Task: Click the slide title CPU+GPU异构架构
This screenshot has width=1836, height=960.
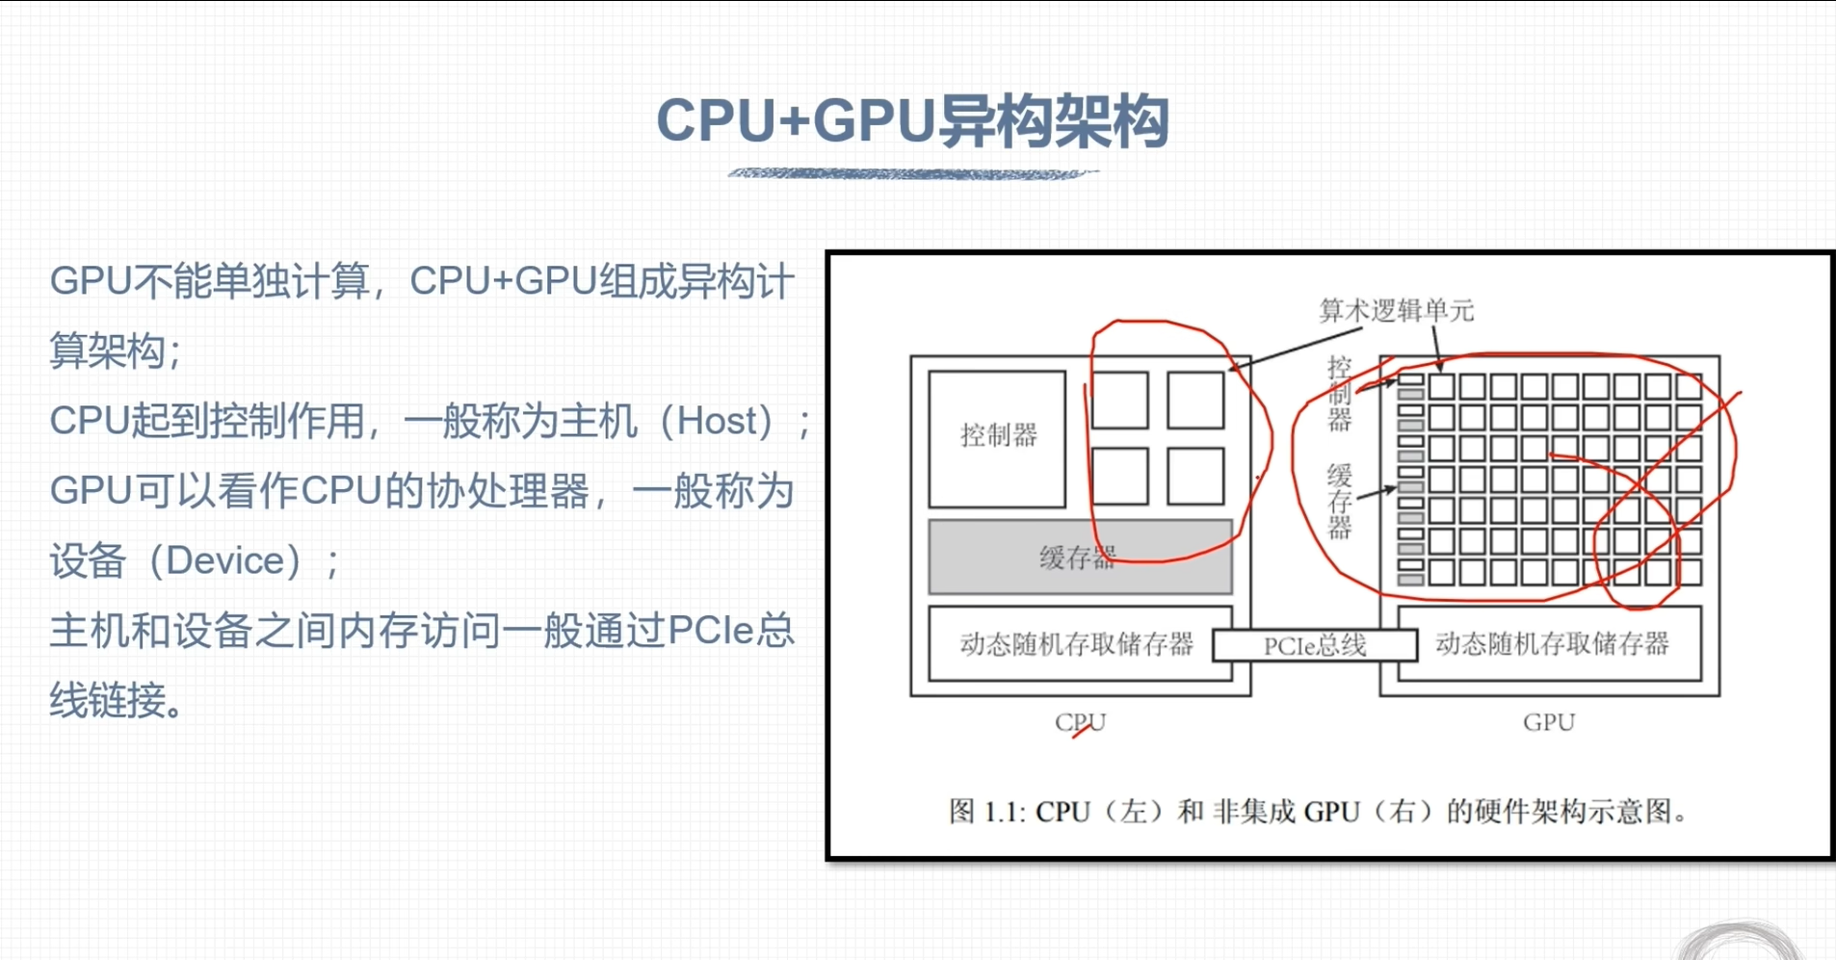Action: [x=912, y=122]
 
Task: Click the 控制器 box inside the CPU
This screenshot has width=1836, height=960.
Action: [x=997, y=438]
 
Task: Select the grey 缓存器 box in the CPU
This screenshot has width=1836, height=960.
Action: [x=1079, y=558]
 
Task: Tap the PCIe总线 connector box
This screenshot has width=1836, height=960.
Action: [x=1314, y=645]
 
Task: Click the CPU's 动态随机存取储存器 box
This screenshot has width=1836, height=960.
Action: [x=1076, y=643]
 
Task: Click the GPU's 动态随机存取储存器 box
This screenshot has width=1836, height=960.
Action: [x=1551, y=643]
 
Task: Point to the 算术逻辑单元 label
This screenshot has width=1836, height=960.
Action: [x=1396, y=310]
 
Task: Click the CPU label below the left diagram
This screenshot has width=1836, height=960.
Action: [x=1080, y=722]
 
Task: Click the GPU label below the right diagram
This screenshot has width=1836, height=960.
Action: [x=1548, y=722]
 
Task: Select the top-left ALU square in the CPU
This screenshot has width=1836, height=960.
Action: [x=1119, y=400]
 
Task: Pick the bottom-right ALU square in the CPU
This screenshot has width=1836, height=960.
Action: [x=1195, y=476]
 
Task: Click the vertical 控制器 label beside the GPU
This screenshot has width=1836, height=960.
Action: [x=1340, y=393]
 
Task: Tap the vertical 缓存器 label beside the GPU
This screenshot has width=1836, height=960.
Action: [x=1340, y=501]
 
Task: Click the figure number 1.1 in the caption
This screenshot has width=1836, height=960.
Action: [x=1005, y=812]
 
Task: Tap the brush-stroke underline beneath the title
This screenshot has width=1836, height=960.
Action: [x=912, y=174]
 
